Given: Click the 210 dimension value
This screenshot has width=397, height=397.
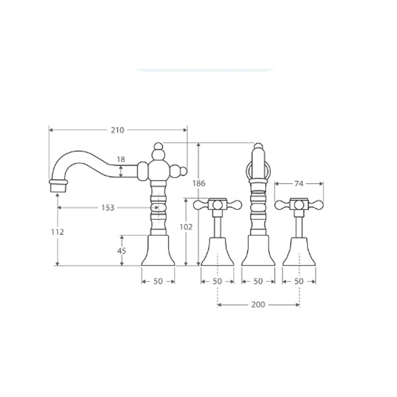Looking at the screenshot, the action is point(118,130).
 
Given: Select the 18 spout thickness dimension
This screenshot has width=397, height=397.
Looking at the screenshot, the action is point(121,159).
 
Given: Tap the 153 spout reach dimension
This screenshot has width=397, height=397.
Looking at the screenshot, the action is point(108,208).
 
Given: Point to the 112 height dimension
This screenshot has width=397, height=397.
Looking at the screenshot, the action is point(58,232).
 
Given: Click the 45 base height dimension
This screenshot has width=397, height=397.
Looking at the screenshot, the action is point(122,251).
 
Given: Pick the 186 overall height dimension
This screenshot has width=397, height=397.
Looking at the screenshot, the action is point(198,183).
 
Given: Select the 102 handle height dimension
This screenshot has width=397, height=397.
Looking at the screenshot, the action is point(186,227).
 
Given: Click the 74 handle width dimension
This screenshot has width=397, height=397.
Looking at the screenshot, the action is point(299,183).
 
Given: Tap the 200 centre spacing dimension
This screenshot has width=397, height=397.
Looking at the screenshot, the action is point(258,304).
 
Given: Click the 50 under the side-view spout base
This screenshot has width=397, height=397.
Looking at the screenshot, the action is point(158,281).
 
